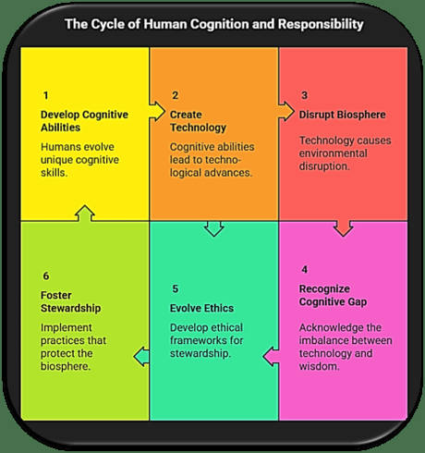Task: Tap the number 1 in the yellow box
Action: coord(44,95)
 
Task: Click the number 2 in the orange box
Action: coord(175,95)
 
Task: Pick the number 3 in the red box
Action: coord(304,95)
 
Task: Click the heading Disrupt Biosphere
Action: coord(341,115)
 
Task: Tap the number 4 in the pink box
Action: coord(304,269)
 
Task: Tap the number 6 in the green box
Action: coord(44,275)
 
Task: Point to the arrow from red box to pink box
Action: coord(343,226)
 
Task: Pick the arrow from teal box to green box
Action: coord(141,354)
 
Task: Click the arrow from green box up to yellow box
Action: coord(83,215)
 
